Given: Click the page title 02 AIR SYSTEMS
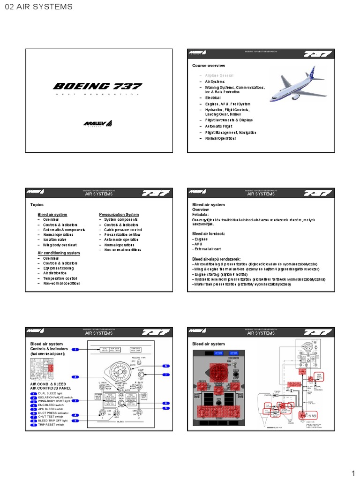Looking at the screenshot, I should [38, 7].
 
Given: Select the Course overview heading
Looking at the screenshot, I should [209, 66].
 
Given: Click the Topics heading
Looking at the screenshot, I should [37, 205].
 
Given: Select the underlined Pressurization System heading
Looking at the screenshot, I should [119, 215].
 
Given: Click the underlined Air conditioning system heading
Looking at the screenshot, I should [59, 253].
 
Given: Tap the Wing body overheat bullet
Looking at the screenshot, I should [60, 245].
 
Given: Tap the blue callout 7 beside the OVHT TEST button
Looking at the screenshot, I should [165, 375].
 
